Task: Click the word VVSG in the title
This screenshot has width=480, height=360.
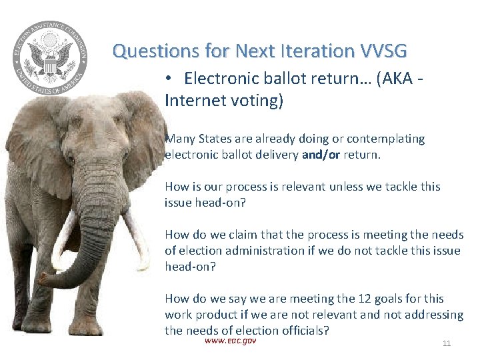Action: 383,51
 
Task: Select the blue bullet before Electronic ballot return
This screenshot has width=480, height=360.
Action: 170,79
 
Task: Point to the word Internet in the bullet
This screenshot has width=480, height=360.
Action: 193,101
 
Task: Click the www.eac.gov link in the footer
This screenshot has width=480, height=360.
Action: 230,341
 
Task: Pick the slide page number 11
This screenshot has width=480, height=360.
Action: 447,343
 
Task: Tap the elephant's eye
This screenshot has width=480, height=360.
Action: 71,159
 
